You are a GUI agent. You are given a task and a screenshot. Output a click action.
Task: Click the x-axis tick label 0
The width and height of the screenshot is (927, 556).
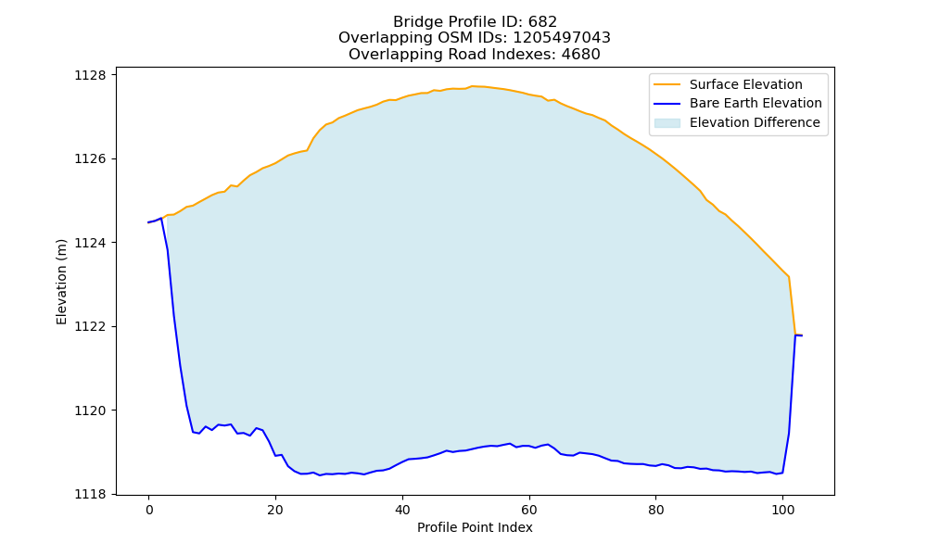(148, 510)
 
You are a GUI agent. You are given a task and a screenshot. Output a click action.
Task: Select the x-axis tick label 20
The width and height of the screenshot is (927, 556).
(275, 510)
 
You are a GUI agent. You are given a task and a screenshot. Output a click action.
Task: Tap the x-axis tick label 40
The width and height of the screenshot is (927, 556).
(402, 510)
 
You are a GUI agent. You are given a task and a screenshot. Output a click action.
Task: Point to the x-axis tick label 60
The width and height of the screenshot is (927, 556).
(529, 510)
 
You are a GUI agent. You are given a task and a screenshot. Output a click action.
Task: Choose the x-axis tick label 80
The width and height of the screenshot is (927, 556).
(655, 510)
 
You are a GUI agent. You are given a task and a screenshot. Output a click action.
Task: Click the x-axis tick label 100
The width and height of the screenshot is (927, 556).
(782, 510)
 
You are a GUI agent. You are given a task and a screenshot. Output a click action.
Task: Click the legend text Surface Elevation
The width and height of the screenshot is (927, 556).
(746, 84)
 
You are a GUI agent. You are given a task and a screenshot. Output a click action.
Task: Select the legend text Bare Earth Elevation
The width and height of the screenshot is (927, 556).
(756, 104)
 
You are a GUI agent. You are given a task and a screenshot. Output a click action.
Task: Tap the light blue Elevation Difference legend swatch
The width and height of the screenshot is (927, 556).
(667, 123)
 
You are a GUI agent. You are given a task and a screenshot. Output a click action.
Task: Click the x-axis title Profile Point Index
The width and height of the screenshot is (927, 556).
(475, 527)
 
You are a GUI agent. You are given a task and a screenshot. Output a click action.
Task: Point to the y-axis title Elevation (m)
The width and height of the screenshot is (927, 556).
(61, 282)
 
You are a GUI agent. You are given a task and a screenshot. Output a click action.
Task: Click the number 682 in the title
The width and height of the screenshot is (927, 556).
(542, 22)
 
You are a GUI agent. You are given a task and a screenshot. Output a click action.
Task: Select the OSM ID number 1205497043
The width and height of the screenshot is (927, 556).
(562, 38)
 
